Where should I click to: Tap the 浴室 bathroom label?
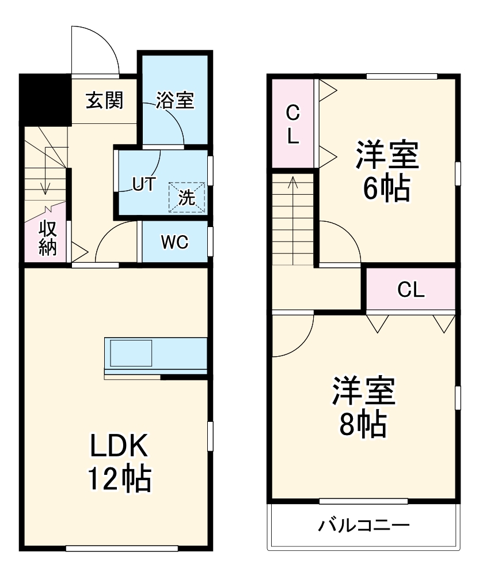(x=175, y=101)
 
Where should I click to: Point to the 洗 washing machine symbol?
(x=187, y=197)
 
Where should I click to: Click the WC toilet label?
(x=174, y=243)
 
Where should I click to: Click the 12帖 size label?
(x=119, y=478)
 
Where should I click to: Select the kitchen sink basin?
(x=131, y=353)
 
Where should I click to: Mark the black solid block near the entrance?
(x=45, y=99)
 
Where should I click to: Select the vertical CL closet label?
(x=293, y=125)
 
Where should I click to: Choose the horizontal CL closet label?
(x=411, y=290)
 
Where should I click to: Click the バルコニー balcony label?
(x=364, y=526)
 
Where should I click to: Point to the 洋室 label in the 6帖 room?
(x=386, y=154)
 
